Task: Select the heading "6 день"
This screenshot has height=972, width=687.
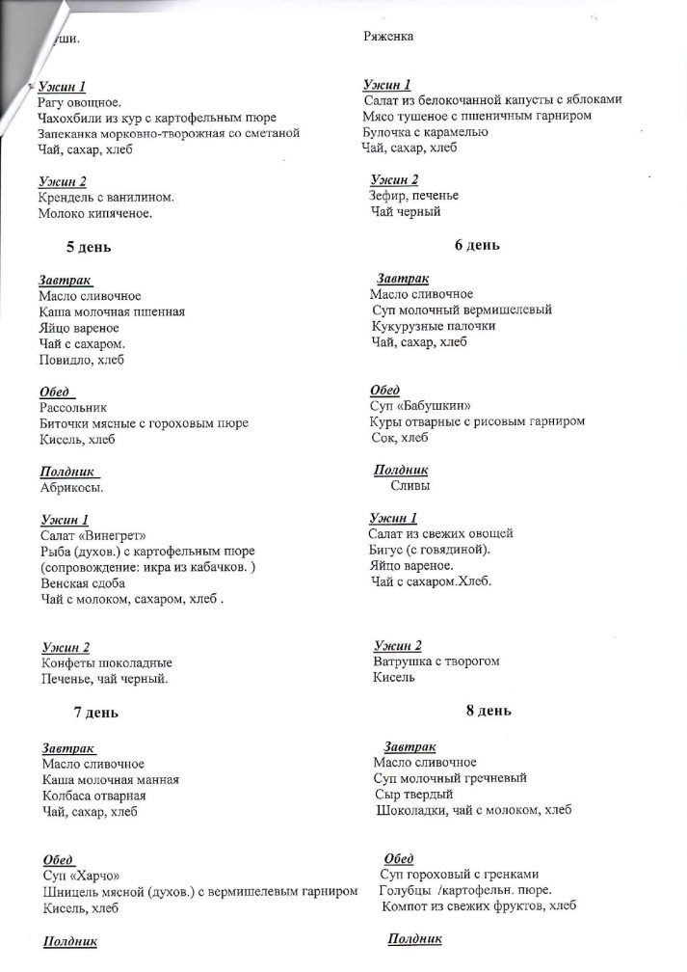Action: (x=477, y=245)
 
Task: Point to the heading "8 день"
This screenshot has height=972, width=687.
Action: (x=489, y=711)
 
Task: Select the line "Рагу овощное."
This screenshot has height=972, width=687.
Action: (x=79, y=102)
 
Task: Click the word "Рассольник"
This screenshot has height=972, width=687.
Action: (x=72, y=408)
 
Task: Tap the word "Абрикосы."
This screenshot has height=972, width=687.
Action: (x=71, y=488)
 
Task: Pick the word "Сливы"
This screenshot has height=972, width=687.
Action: (x=410, y=486)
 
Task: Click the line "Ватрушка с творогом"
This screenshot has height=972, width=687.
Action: (x=436, y=661)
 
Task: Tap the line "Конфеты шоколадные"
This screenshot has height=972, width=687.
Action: (x=107, y=663)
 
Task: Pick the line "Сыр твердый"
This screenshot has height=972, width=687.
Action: (x=414, y=794)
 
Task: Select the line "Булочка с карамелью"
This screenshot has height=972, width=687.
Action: (x=426, y=132)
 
